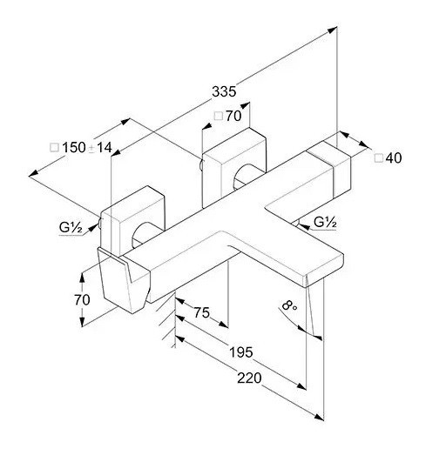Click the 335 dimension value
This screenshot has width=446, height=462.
pos(224,91)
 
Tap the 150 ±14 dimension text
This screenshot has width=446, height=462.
pos(87,147)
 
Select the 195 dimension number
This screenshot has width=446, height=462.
pos(241,352)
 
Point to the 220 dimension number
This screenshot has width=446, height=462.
pos(249,378)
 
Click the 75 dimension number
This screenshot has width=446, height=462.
pos(202,312)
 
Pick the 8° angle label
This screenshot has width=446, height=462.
pos(289,305)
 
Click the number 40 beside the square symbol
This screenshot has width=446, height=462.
pos(394,158)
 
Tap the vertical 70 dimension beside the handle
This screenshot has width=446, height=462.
pos(82,300)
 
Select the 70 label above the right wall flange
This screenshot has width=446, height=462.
pos(233,116)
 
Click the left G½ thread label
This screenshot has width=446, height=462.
pos(71,228)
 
